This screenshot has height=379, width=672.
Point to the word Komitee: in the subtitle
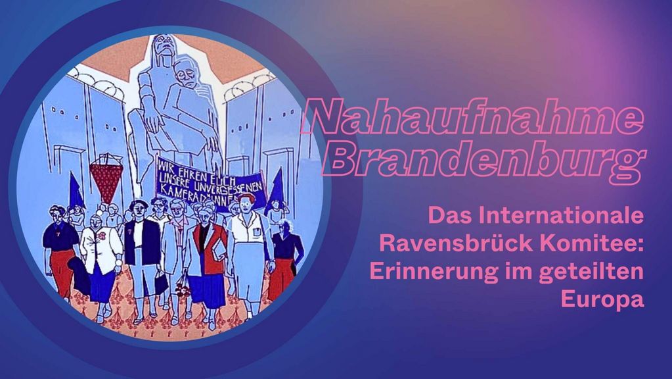coord(594,243)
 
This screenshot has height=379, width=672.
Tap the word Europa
coord(603,300)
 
